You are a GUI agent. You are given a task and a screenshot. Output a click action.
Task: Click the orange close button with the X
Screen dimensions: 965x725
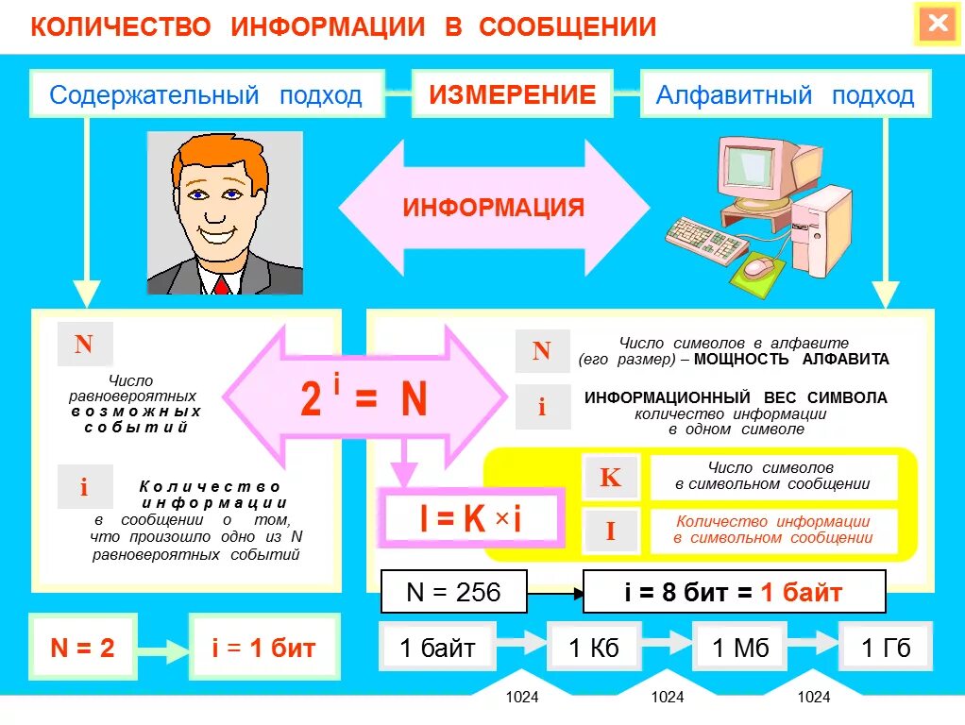(937, 25)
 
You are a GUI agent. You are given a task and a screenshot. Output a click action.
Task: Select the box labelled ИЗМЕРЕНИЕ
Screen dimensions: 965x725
(513, 94)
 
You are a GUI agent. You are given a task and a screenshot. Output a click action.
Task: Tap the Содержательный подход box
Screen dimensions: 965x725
(206, 94)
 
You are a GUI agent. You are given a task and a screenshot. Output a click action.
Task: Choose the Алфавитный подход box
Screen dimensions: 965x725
(785, 94)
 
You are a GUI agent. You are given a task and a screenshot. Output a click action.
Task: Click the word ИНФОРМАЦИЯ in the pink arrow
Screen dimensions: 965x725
(494, 208)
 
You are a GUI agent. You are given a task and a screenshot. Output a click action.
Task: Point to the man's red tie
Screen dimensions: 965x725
(223, 283)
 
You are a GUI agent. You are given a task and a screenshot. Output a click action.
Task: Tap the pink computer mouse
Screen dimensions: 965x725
(757, 267)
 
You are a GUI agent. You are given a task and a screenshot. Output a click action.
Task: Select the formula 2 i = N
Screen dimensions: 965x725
(364, 398)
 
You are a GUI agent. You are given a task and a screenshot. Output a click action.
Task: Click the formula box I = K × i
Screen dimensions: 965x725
(471, 517)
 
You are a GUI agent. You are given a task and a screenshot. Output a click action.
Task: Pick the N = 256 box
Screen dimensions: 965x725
(453, 593)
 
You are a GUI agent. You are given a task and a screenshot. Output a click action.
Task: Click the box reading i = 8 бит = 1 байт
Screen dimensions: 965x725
(734, 593)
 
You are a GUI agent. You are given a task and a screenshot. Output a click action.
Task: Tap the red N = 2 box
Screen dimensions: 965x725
(82, 648)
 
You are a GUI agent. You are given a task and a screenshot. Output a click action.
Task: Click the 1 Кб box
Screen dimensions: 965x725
(594, 648)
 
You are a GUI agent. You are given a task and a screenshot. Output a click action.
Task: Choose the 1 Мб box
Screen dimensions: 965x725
(739, 648)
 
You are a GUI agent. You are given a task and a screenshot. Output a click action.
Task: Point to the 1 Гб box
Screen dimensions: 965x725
(886, 648)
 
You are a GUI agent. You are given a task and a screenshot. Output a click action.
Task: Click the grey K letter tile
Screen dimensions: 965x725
(610, 478)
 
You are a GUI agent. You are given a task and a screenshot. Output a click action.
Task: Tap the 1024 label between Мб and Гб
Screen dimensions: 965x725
(813, 698)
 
